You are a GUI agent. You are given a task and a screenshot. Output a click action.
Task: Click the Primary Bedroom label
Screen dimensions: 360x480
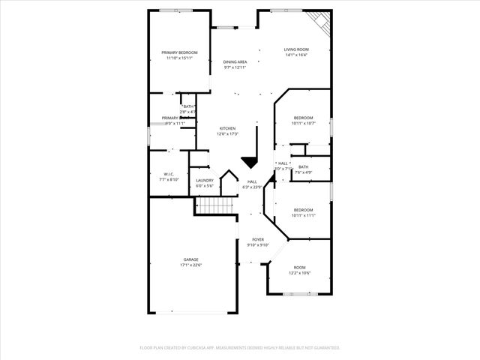tap(179, 52)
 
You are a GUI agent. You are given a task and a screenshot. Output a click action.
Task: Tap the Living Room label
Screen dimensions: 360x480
tap(296, 49)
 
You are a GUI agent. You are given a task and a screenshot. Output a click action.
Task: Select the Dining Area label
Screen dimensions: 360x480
tap(235, 62)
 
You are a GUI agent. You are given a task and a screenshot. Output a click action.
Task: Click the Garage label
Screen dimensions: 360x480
tap(190, 259)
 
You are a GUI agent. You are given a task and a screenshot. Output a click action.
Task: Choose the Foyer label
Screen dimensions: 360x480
tap(257, 239)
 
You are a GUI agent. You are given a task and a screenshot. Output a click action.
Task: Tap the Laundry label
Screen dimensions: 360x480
tap(205, 180)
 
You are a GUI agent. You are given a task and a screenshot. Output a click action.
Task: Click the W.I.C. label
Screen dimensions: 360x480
tap(168, 175)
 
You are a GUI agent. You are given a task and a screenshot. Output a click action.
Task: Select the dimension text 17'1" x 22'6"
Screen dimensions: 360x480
tap(190, 265)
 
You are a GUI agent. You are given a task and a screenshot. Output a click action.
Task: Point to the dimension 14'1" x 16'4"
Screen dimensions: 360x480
tap(296, 55)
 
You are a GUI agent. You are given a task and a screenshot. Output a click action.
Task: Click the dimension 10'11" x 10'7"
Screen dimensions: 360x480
tap(303, 123)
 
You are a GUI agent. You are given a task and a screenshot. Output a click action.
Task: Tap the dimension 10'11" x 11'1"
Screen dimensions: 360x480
tap(303, 215)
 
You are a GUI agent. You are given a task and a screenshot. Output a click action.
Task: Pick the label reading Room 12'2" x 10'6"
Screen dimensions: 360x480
tap(299, 270)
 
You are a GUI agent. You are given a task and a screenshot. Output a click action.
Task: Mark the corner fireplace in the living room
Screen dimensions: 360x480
tap(322, 22)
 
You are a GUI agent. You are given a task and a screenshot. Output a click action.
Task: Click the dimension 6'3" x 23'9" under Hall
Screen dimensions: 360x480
tap(252, 187)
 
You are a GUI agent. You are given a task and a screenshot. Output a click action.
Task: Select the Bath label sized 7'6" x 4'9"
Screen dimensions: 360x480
tap(303, 169)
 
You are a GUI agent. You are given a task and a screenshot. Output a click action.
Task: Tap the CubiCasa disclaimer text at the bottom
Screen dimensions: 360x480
tap(240, 348)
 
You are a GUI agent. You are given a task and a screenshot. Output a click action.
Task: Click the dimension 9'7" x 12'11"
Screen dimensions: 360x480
tap(235, 67)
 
